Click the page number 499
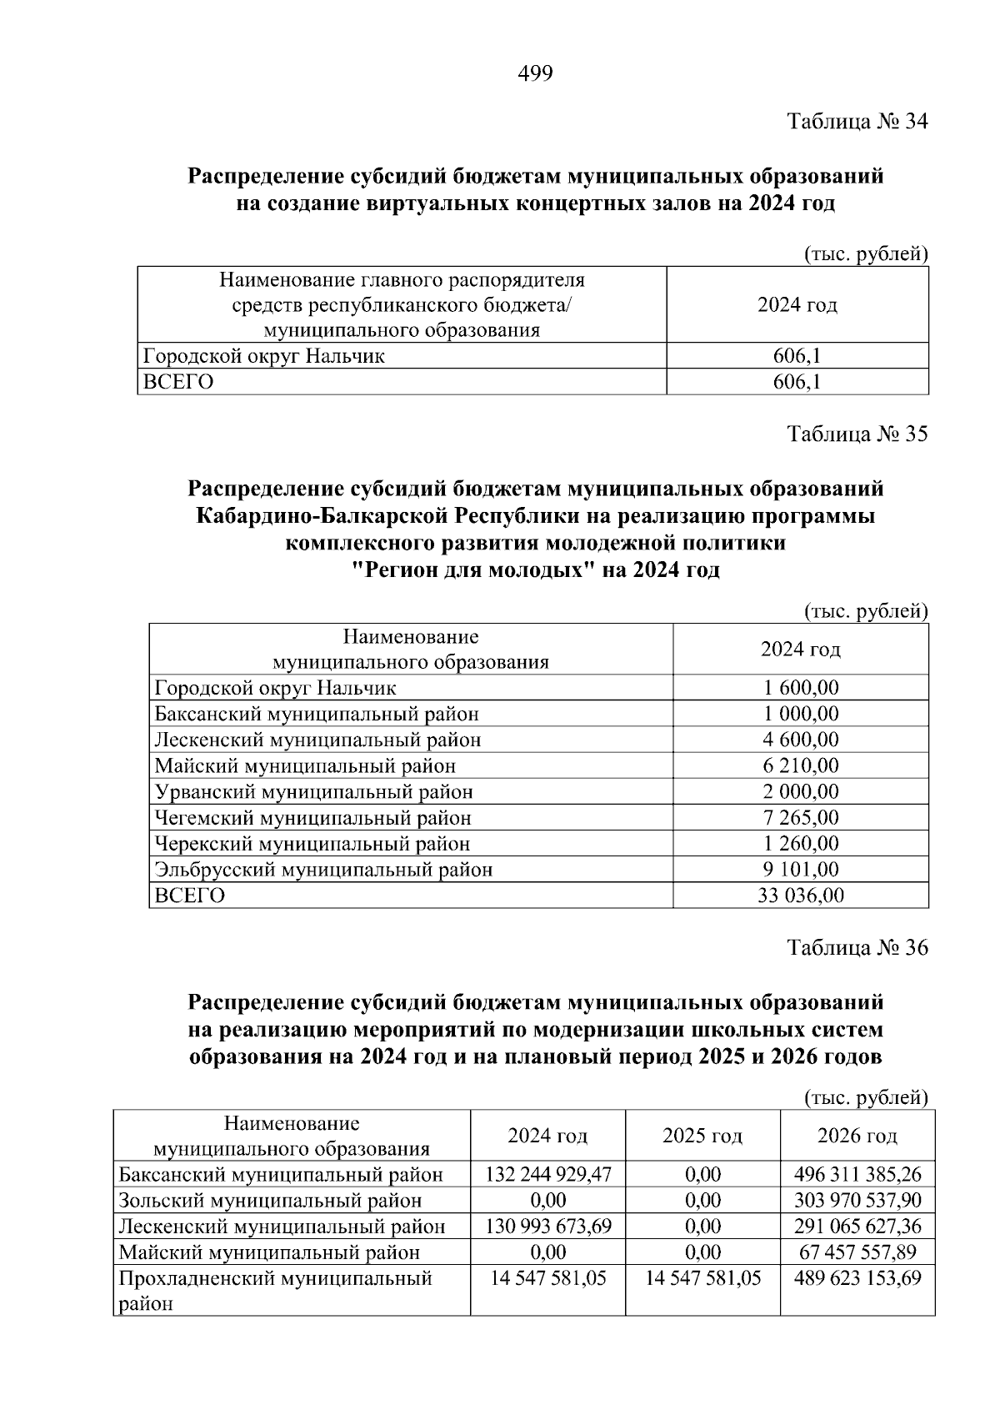[535, 74]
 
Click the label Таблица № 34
[857, 122]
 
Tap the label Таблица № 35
[857, 434]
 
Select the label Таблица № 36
[857, 948]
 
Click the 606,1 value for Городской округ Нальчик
[797, 356]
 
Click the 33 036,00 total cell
[800, 896]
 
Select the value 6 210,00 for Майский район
[800, 765]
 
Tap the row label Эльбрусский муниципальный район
[323, 870]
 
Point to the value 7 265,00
[800, 817]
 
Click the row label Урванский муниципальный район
[314, 791]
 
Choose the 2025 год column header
[702, 1136]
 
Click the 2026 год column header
[857, 1136]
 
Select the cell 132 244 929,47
[548, 1175]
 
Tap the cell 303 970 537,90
[857, 1201]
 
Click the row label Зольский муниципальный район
[270, 1201]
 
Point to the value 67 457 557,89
[857, 1252]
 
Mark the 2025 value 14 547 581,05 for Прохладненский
[702, 1278]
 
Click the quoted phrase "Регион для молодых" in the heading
[472, 571]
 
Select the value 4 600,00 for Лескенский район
[800, 740]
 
